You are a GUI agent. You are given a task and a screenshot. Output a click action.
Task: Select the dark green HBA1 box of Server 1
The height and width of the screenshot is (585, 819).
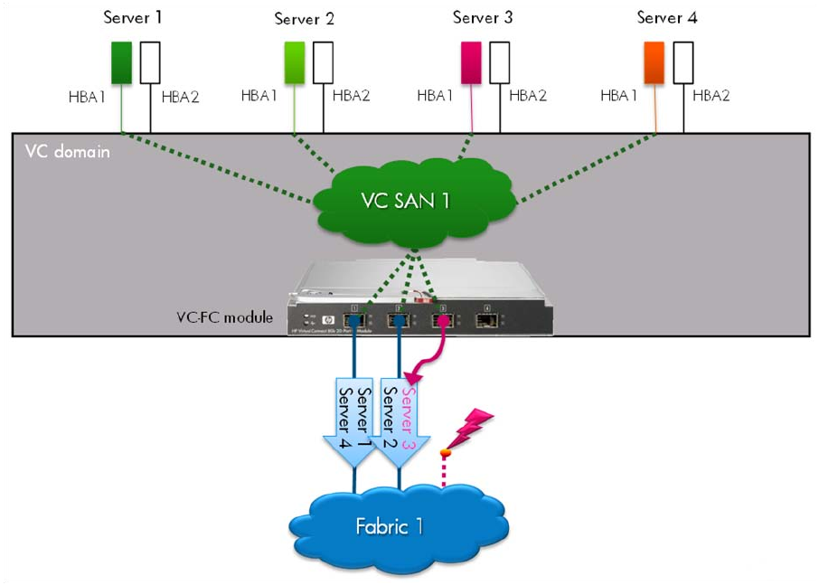pos(122,62)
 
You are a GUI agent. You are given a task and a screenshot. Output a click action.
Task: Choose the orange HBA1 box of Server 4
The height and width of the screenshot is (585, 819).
pos(654,63)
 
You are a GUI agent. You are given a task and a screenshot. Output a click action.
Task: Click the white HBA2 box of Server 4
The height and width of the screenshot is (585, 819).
pos(683,63)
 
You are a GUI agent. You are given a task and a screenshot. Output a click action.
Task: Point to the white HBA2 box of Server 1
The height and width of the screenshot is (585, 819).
pos(150,62)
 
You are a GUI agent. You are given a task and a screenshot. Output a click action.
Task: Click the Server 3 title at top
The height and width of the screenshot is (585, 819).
pos(483,17)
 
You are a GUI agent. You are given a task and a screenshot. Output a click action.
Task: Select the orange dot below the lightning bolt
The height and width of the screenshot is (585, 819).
pos(445,452)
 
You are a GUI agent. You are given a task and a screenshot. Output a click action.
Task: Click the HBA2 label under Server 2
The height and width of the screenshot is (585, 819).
pos(352,97)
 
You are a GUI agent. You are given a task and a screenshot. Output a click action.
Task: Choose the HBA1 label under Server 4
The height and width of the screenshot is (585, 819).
pos(619,97)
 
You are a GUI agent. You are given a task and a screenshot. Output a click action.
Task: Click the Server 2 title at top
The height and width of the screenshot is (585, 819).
pos(304,18)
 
